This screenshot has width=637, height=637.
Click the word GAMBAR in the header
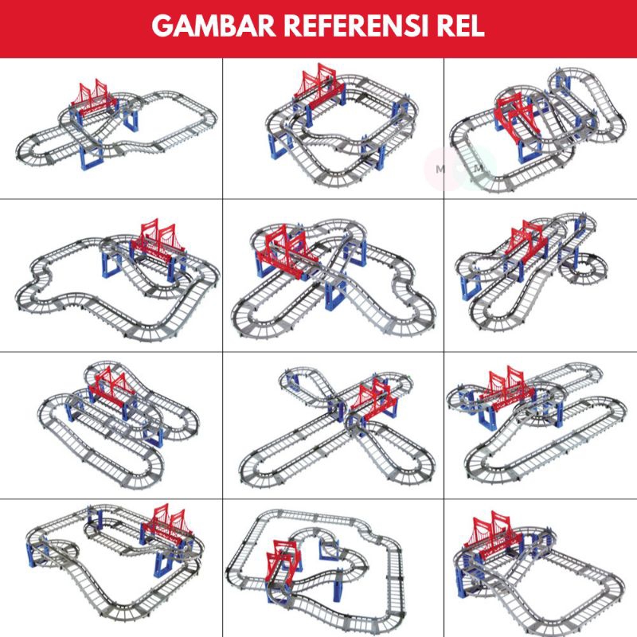213,26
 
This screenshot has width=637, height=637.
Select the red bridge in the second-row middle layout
286,251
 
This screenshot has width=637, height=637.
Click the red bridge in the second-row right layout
529,240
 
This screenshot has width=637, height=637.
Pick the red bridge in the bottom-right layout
492,531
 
